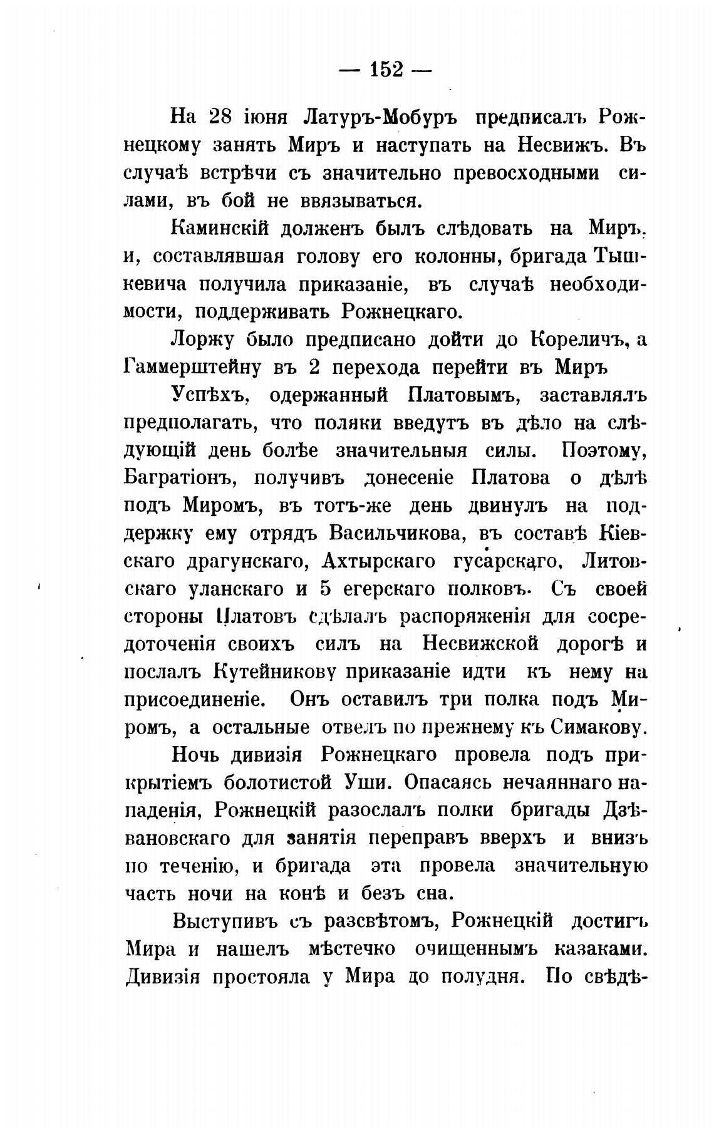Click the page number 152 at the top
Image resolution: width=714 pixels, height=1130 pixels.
tap(386, 70)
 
